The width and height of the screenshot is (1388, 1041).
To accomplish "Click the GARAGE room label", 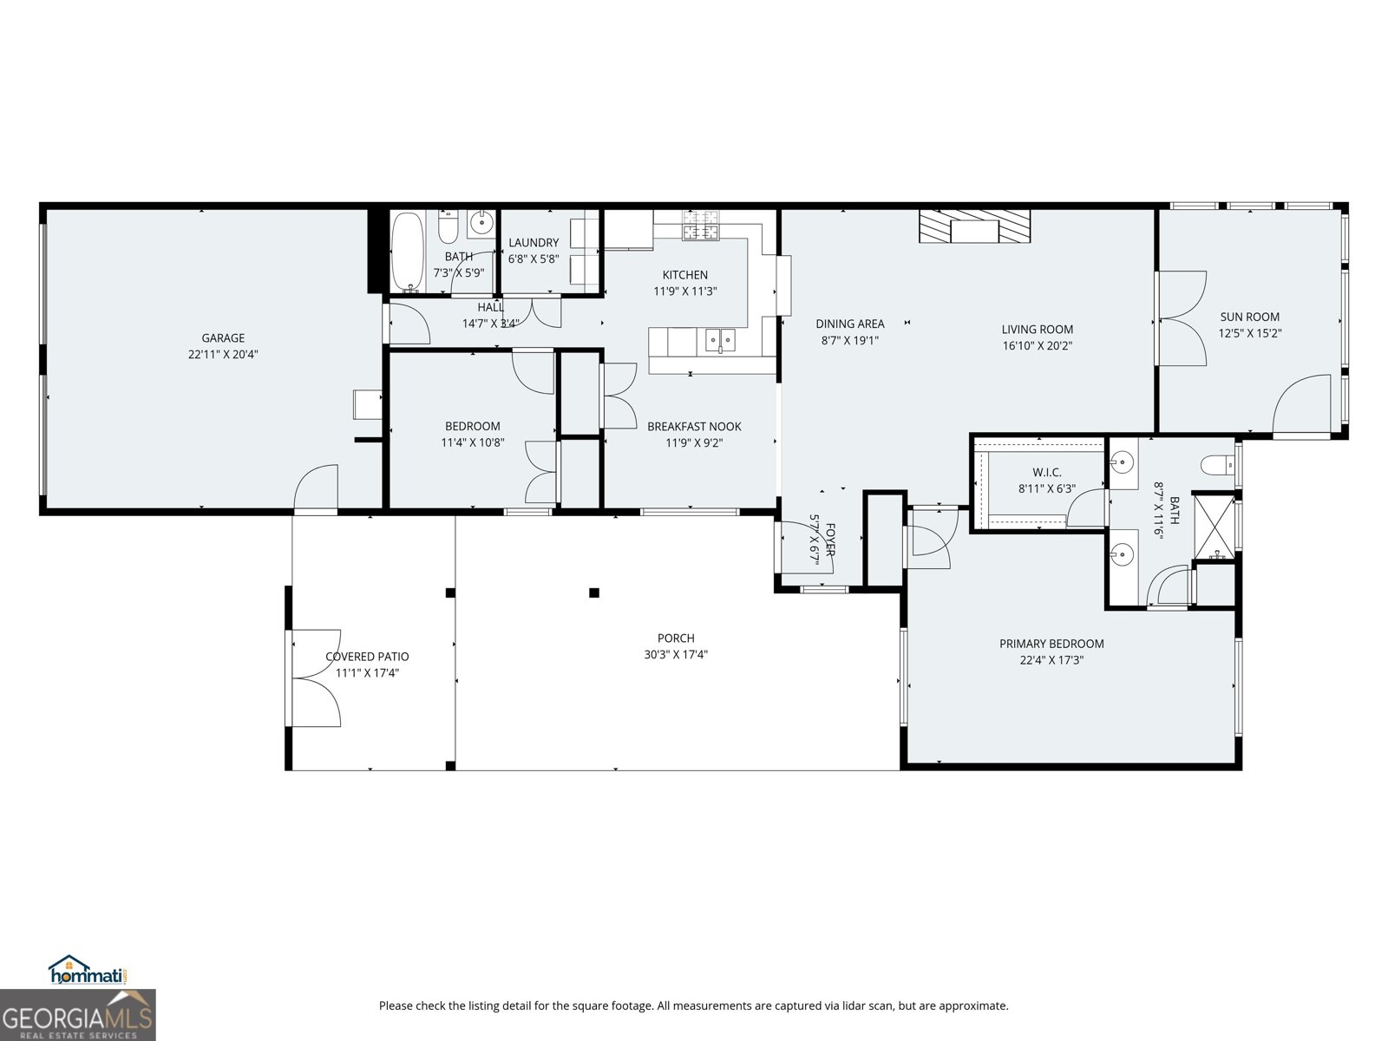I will [x=223, y=338].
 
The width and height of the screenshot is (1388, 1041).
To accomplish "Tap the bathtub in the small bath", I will [x=407, y=252].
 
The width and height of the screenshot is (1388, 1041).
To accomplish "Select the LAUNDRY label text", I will [x=534, y=243].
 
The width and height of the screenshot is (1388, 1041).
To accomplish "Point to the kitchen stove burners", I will [x=701, y=226].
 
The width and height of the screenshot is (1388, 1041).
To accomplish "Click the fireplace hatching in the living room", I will [x=974, y=226].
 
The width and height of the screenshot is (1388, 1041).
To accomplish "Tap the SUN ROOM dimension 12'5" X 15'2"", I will [x=1249, y=333].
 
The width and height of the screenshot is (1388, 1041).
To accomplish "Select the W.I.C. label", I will [x=1046, y=472].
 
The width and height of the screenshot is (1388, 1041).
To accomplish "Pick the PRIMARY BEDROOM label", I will [x=1051, y=644].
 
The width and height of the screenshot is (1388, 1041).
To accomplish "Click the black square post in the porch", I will [x=594, y=593].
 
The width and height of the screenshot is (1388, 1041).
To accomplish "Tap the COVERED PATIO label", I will [x=367, y=657].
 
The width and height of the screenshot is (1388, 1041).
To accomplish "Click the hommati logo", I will [x=87, y=972].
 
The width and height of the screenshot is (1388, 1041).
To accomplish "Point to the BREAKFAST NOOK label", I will [x=694, y=427].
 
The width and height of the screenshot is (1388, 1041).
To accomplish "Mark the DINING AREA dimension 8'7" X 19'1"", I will [x=850, y=341].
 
